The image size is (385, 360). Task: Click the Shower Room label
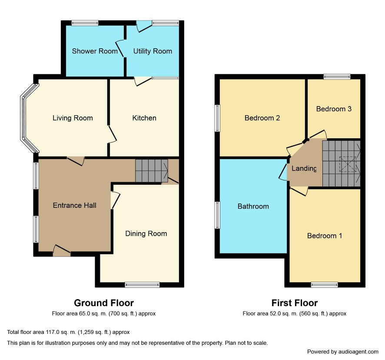pyautogui.click(x=95, y=51)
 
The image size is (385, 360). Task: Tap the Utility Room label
pyautogui.click(x=153, y=51)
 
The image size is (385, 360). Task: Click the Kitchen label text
pyautogui.click(x=144, y=118)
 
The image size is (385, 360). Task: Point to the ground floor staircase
pyautogui.click(x=152, y=171)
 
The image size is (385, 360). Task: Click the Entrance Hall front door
pyautogui.click(x=62, y=251)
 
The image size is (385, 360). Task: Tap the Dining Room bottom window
pyautogui.click(x=142, y=285)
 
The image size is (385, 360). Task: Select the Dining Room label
pyautogui.click(x=146, y=233)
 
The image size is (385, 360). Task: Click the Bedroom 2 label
pyautogui.click(x=262, y=118)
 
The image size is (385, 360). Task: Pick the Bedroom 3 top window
pyautogui.click(x=337, y=77)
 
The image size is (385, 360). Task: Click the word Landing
pyautogui.click(x=304, y=168)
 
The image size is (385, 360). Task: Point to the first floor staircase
pyautogui.click(x=341, y=163)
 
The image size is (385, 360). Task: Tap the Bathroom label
pyautogui.click(x=253, y=206)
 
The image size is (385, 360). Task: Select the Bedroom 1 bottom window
pyautogui.click(x=324, y=285)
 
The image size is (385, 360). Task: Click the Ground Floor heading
pyautogui.click(x=104, y=303)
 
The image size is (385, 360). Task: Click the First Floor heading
pyautogui.click(x=294, y=303)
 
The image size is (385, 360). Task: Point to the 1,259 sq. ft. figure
pyautogui.click(x=95, y=332)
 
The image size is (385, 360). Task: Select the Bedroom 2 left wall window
pyautogui.click(x=217, y=118)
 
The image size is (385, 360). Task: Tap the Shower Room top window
pyautogui.click(x=85, y=23)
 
